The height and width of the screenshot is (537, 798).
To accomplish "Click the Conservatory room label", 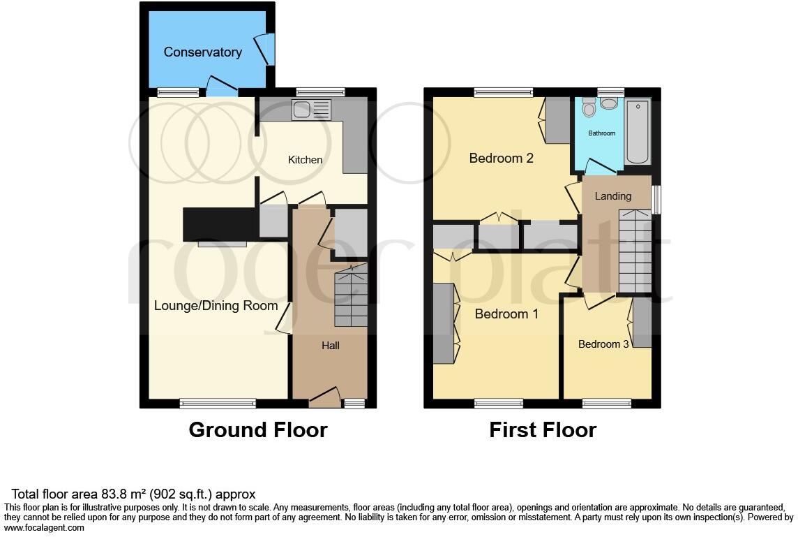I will [x=202, y=52].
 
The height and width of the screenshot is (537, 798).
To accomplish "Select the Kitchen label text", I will [x=306, y=160].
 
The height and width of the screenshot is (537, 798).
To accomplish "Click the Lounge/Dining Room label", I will [x=216, y=306].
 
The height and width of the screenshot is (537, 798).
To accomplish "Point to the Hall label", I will [x=330, y=345].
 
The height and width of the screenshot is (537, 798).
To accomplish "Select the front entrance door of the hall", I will [x=324, y=399].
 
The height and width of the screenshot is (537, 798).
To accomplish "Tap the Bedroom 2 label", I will [x=501, y=159].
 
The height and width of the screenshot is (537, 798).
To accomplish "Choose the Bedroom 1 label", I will [x=506, y=314].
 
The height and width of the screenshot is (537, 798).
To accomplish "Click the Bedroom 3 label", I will [x=603, y=344].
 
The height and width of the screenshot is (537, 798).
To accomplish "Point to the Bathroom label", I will [x=601, y=133].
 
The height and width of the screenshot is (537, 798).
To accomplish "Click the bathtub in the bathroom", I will [x=638, y=131].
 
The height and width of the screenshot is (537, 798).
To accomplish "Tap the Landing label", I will [x=612, y=196].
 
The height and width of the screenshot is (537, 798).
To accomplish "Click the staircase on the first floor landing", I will [x=634, y=251].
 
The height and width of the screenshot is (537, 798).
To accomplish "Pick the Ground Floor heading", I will [x=257, y=429].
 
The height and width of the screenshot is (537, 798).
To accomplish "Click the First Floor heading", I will [x=542, y=429].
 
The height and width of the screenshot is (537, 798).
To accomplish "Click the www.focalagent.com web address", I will [x=45, y=528].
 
